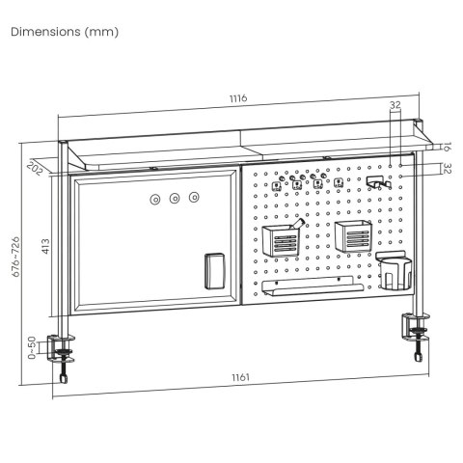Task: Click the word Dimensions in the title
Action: (44, 32)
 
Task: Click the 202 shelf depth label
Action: (37, 168)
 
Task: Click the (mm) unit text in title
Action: (101, 32)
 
